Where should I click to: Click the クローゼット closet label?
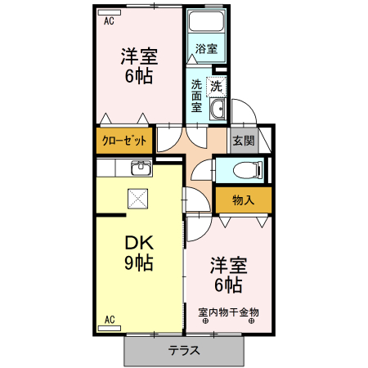[124, 141]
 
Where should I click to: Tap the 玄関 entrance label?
[243, 141]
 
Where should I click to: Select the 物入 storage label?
[243, 200]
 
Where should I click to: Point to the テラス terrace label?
[185, 351]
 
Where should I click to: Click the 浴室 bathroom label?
[206, 49]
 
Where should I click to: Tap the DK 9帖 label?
[138, 253]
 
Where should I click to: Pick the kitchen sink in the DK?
[140, 168]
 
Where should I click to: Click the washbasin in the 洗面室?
[218, 110]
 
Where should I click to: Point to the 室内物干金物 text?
[229, 312]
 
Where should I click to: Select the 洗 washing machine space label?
[217, 85]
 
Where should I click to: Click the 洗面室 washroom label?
[197, 96]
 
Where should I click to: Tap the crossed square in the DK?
[137, 197]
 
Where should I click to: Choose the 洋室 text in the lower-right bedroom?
[228, 266]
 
